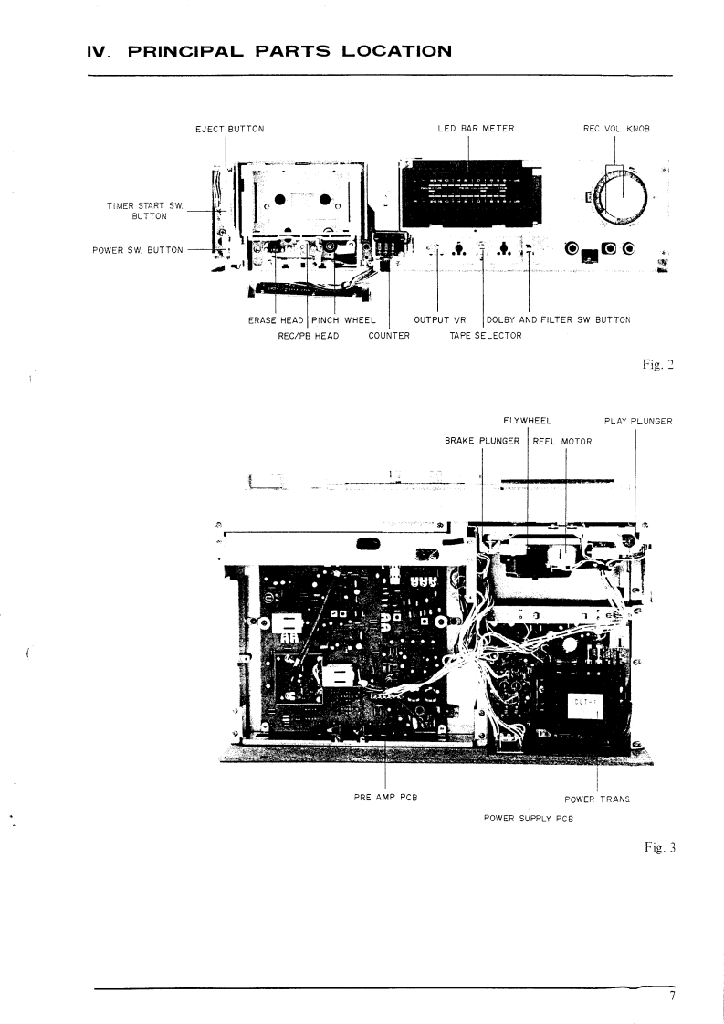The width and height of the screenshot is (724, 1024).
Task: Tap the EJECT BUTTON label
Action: coord(230,129)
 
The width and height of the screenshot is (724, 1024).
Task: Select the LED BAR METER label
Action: coord(476,129)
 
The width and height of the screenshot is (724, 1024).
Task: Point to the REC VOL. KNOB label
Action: coord(616,129)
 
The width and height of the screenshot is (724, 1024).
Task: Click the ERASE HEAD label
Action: coord(276,320)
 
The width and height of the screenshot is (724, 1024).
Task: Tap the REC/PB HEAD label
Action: coord(308,336)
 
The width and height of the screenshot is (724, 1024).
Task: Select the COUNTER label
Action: coord(389,336)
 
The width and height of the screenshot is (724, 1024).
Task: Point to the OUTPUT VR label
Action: coord(440,320)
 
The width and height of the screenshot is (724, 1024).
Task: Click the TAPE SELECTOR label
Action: coord(486,336)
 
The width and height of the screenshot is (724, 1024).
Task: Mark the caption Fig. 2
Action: coord(657,365)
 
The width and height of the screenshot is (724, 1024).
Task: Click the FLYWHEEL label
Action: coord(528,422)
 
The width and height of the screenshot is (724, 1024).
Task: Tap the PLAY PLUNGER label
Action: coord(638,422)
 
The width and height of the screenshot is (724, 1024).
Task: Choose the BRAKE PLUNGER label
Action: coord(482,442)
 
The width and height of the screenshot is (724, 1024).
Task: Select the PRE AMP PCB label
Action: coord(386,798)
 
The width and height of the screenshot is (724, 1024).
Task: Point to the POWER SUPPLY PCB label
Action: coord(529,818)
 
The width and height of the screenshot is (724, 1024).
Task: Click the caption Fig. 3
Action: coord(659,848)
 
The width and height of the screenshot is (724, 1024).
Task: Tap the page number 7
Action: coord(671,997)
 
